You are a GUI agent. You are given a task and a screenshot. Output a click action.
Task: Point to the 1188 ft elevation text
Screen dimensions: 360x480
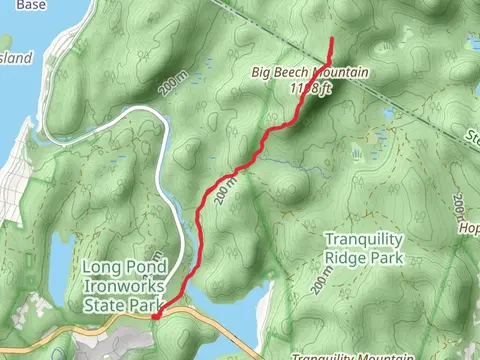pyautogui.click(x=310, y=88)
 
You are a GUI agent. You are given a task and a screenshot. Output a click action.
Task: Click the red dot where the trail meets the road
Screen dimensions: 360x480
pyautogui.click(x=155, y=316)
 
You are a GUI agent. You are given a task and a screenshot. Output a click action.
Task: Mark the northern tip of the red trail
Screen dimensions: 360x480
pyautogui.click(x=331, y=39)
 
